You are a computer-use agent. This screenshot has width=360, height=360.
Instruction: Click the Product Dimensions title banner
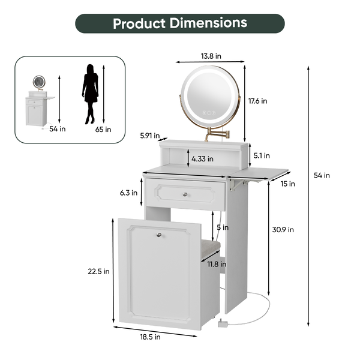click(x=180, y=23)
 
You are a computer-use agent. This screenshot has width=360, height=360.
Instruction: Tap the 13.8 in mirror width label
click(x=210, y=55)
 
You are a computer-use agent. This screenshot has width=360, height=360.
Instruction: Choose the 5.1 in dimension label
click(x=262, y=155)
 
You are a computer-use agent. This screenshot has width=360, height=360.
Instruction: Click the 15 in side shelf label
click(x=288, y=184)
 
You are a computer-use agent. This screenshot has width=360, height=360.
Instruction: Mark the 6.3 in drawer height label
click(x=130, y=193)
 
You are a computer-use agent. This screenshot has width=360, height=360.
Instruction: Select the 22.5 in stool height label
click(x=98, y=271)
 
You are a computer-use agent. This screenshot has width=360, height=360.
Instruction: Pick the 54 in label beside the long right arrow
click(x=322, y=175)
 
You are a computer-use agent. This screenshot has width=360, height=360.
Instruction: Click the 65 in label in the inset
click(x=103, y=129)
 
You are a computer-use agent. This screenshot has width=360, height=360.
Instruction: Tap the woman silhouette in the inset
click(x=91, y=94)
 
